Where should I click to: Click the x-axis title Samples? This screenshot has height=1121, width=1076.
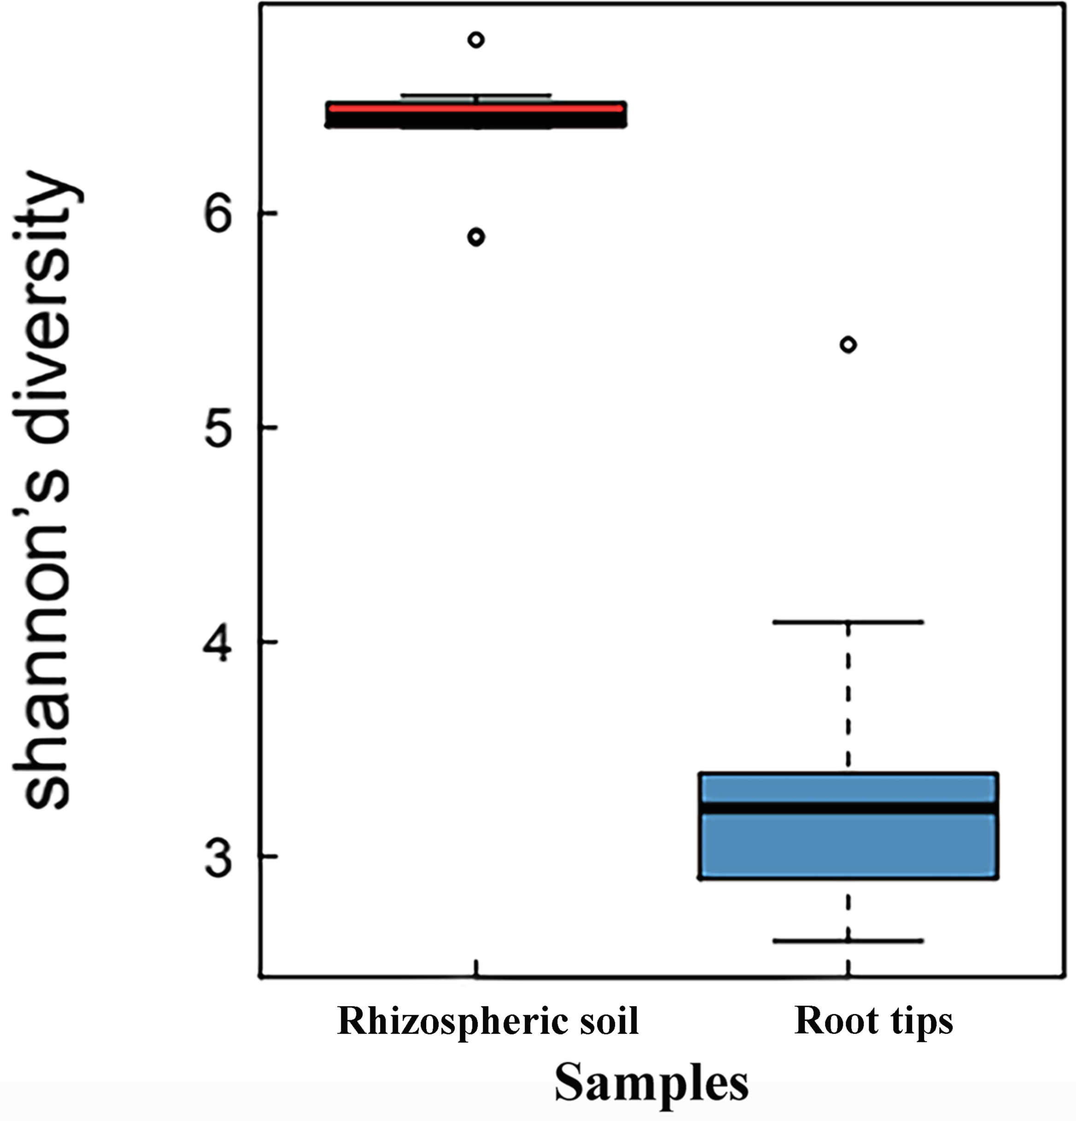(651, 1083)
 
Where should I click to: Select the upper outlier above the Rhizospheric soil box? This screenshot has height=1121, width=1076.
(476, 40)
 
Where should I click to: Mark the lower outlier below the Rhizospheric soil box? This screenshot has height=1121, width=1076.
(476, 237)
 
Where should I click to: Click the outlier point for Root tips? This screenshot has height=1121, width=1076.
(848, 344)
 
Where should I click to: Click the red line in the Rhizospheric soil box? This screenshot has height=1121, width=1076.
(476, 107)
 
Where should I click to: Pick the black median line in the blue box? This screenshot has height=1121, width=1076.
(848, 808)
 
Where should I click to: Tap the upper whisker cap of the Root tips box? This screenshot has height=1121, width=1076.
(848, 622)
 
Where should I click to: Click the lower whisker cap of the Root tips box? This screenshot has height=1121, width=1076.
(848, 940)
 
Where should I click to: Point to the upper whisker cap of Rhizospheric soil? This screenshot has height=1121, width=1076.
(476, 95)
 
